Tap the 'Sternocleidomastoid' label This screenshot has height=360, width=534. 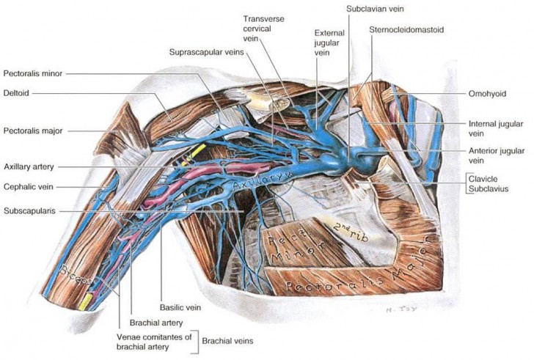click(408, 30)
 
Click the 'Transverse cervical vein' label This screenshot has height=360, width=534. click(265, 26)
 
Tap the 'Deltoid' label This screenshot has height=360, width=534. click(16, 93)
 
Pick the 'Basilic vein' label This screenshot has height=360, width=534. click(180, 308)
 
